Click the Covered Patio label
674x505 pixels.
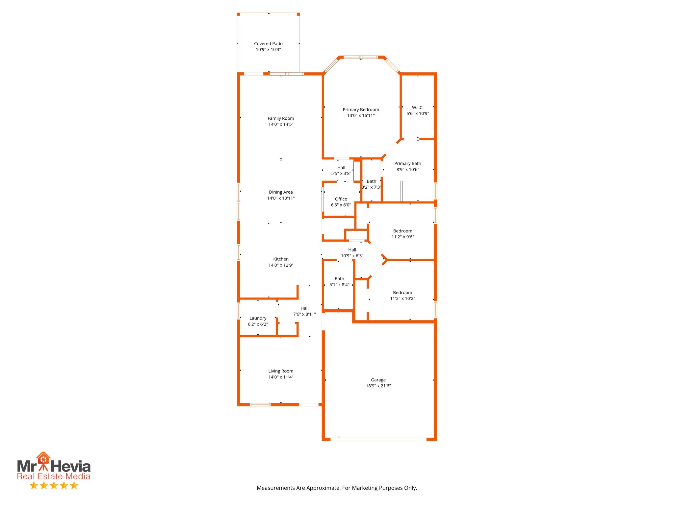pyautogui.click(x=268, y=43)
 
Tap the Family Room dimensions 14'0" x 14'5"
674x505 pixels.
pyautogui.click(x=281, y=124)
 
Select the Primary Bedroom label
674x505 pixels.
pyautogui.click(x=361, y=109)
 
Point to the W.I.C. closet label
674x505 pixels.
pyautogui.click(x=418, y=108)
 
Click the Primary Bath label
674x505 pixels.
pyautogui.click(x=407, y=163)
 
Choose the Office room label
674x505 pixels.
pyautogui.click(x=341, y=199)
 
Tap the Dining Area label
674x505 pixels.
pyautogui.click(x=281, y=192)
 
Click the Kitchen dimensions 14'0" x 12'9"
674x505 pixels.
pyautogui.click(x=281, y=265)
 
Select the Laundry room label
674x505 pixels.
pyautogui.click(x=258, y=318)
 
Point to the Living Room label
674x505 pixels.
pyautogui.click(x=281, y=371)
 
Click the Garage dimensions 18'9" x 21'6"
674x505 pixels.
pyautogui.click(x=378, y=386)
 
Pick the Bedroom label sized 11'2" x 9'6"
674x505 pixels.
pyautogui.click(x=402, y=231)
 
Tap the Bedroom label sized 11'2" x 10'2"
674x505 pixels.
pyautogui.click(x=402, y=293)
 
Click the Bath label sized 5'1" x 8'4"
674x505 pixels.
pyautogui.click(x=339, y=278)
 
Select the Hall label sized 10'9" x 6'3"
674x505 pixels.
pyautogui.click(x=352, y=250)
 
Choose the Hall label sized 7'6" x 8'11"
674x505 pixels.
pyautogui.click(x=304, y=308)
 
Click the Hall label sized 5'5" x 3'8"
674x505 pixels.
pyautogui.click(x=341, y=167)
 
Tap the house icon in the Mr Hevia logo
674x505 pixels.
pyautogui.click(x=43, y=458)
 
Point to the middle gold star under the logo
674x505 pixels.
pyautogui.click(x=54, y=485)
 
